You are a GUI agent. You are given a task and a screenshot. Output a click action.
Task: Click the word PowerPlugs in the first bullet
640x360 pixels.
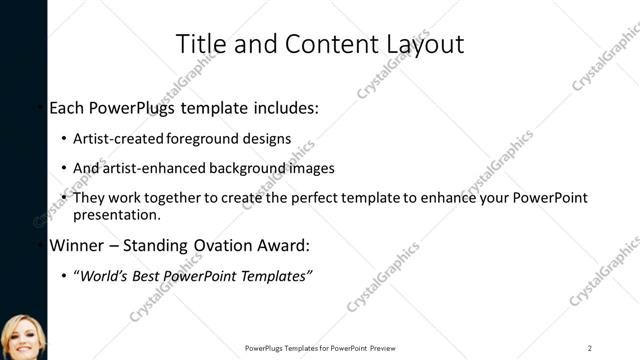pyautogui.click(x=139, y=108)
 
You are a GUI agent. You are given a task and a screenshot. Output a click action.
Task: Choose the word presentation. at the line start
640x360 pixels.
pyautogui.click(x=117, y=214)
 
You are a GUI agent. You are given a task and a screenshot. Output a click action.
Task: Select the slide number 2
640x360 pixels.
pyautogui.click(x=590, y=348)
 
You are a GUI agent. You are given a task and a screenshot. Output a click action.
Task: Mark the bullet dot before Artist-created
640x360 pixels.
pyautogui.click(x=65, y=139)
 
